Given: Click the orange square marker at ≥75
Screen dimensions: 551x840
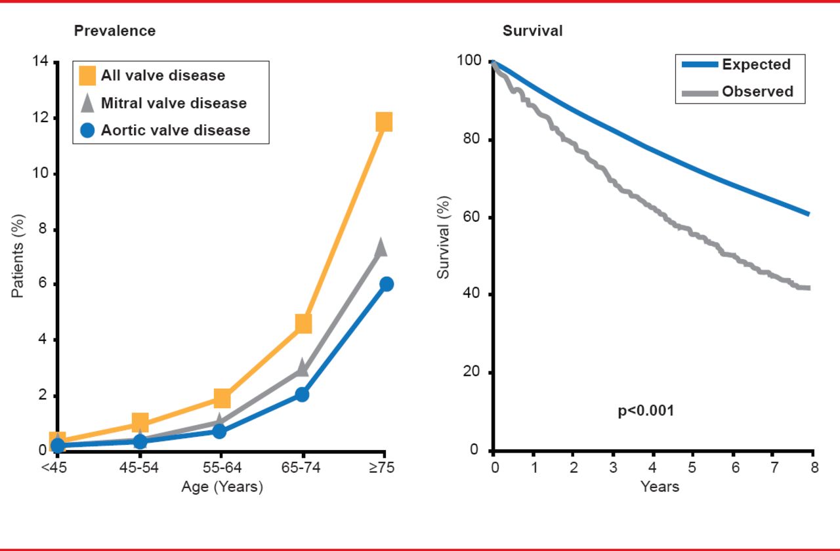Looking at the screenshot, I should coord(384,122).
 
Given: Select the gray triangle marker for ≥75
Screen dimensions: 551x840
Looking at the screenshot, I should coord(381,247).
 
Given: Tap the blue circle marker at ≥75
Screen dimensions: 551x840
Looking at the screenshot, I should coord(386,284).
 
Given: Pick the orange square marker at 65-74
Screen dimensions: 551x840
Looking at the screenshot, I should coord(303,323).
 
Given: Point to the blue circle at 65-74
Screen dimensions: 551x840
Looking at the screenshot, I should coord(302,394).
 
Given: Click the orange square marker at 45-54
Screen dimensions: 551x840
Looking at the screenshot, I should coord(140,422).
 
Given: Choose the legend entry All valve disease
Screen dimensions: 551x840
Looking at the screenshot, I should coord(163,75).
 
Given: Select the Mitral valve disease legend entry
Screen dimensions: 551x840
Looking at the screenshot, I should coord(173,103).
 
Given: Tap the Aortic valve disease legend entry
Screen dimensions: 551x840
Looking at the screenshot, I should coord(175,130).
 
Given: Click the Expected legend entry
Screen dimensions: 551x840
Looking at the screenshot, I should coord(756,64).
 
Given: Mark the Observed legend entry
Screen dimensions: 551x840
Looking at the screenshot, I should coord(757,92).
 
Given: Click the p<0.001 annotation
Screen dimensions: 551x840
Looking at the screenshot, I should coord(646,412).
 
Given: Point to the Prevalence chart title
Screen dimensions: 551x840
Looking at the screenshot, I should coord(115,31).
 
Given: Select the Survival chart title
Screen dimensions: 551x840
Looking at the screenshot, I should coord(532,31).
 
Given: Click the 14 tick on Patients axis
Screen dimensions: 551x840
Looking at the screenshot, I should coord(40,62).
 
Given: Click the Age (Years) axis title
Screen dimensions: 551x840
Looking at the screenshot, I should coord(222,487).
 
